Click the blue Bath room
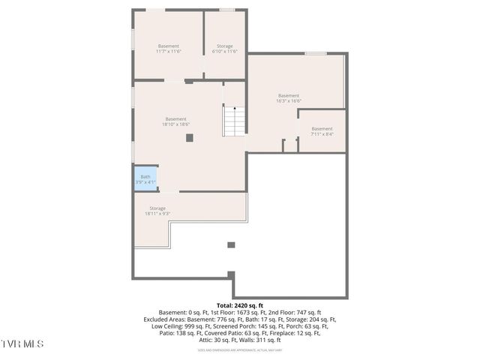coord(145,179)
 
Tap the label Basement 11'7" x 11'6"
coord(169,49)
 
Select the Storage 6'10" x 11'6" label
coord(224,49)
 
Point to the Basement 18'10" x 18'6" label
coord(175,121)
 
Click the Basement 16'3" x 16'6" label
coord(289,98)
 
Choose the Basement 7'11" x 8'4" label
coord(322,131)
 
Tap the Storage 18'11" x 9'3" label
coord(157,211)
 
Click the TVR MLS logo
coord(22,343)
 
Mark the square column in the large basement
coord(190,137)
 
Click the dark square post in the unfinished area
coord(231,244)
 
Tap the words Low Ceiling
coord(167,326)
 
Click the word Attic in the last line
coord(207,340)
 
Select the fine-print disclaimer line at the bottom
coord(240,350)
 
